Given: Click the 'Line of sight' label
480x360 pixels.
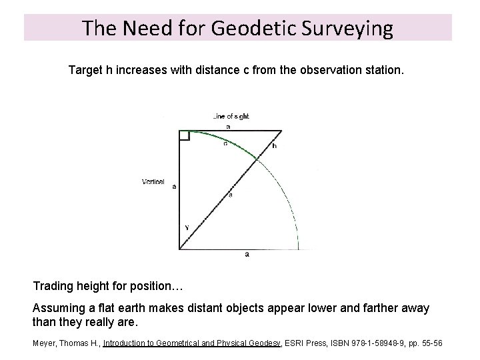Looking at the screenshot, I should pyautogui.click(x=230, y=116).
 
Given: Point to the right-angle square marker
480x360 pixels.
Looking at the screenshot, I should pyautogui.click(x=184, y=136).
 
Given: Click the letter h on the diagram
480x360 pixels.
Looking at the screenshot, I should pyautogui.click(x=275, y=145).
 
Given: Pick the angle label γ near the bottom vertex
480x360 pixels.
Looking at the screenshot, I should pyautogui.click(x=187, y=227).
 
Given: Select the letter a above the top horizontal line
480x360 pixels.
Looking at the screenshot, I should pyautogui.click(x=229, y=125).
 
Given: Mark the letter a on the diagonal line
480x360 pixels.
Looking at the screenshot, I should pyautogui.click(x=231, y=195).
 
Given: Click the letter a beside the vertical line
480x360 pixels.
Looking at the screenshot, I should pyautogui.click(x=174, y=187).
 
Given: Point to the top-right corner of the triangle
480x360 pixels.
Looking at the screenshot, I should pyautogui.click(x=281, y=131).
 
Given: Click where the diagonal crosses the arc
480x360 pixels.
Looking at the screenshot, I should pyautogui.click(x=257, y=157).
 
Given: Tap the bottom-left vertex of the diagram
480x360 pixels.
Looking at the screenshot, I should pyautogui.click(x=179, y=249).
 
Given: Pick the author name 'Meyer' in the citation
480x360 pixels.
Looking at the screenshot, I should pyautogui.click(x=43, y=343).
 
